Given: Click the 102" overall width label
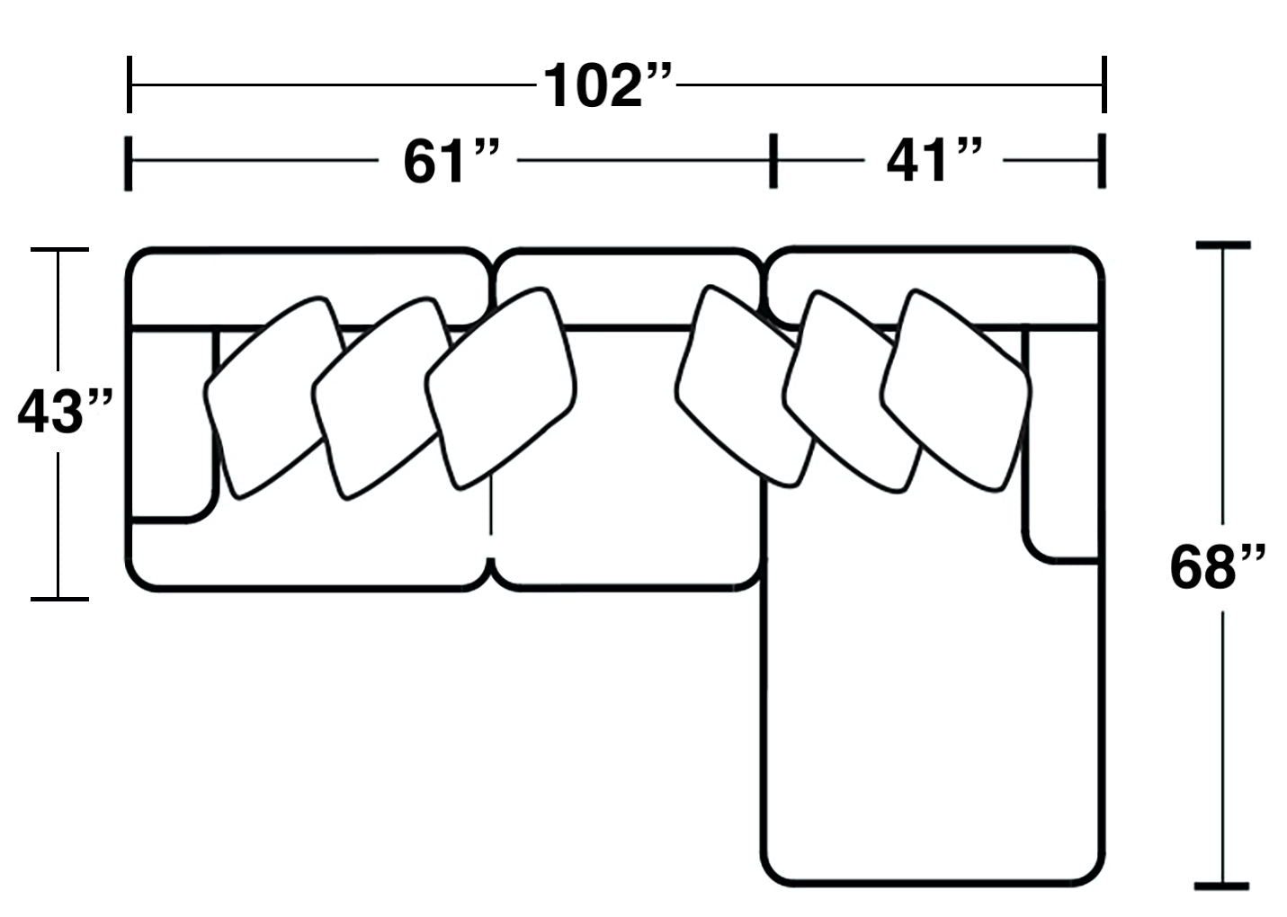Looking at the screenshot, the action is (x=607, y=85).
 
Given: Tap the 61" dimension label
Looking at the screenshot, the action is (x=451, y=161).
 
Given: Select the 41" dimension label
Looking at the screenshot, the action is (x=934, y=160).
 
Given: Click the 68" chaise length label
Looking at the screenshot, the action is (x=1218, y=568).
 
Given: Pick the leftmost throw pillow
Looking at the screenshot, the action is (x=274, y=397).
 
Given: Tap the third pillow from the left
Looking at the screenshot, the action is (x=500, y=388).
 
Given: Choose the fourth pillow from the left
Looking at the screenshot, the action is (x=746, y=386).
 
